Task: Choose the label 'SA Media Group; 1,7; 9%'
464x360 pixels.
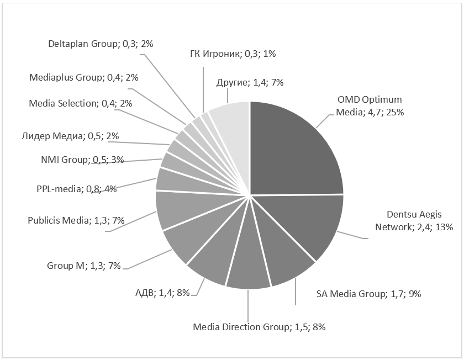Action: [368, 294]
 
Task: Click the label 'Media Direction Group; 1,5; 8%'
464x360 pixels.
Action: [259, 327]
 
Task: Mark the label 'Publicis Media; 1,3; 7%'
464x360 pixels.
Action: [76, 220]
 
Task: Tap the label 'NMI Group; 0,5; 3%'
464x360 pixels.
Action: [82, 160]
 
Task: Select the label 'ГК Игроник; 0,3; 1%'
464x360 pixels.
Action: [232, 54]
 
